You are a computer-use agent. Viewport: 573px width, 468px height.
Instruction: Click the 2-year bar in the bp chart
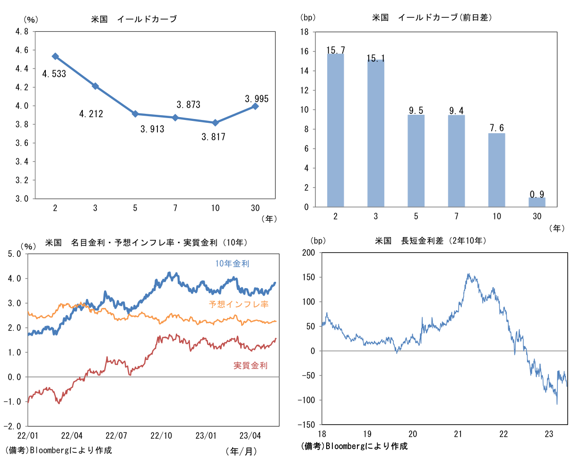point(335,130)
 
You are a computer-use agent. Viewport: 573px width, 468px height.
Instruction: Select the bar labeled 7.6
point(496,170)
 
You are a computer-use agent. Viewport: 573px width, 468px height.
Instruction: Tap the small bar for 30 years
point(537,202)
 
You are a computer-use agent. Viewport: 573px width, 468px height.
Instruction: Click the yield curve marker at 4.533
point(55,56)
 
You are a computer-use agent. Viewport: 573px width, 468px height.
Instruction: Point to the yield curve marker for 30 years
point(255,106)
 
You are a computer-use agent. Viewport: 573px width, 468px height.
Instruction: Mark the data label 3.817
point(213,137)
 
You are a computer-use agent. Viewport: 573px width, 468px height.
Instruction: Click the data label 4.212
point(91,114)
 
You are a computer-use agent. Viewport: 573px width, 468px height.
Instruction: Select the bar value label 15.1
point(376,59)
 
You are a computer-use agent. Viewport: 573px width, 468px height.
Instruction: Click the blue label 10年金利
point(232,264)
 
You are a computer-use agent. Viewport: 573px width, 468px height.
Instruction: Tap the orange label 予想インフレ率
point(239,304)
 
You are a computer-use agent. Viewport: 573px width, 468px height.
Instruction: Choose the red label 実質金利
point(251,365)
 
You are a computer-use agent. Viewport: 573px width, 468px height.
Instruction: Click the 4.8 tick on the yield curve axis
point(22,32)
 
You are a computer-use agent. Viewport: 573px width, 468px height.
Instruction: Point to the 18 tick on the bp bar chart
point(304,32)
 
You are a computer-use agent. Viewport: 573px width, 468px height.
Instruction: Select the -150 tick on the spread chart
point(307,425)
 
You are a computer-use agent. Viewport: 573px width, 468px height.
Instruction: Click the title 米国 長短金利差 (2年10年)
point(430,241)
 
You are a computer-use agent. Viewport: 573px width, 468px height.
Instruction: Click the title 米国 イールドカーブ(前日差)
point(432,17)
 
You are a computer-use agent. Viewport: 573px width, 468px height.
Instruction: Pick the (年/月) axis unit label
point(241,451)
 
